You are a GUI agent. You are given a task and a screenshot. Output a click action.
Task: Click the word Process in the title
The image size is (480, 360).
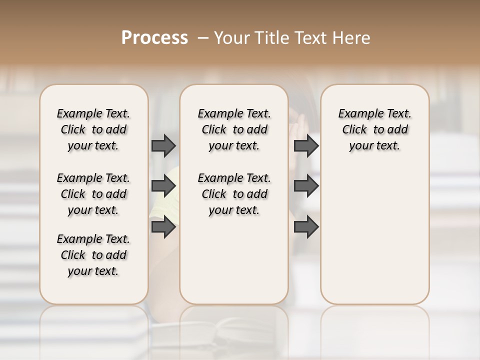click(154, 37)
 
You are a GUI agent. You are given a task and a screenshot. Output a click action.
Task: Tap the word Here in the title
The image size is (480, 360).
click(352, 38)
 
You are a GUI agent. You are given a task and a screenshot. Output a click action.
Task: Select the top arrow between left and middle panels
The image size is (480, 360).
click(163, 145)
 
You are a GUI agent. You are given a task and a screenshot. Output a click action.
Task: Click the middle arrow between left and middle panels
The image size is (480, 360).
click(163, 186)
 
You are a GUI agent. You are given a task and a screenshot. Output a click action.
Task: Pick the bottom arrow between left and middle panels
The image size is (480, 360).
click(163, 227)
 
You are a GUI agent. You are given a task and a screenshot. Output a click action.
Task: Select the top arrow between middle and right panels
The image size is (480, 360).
click(306, 145)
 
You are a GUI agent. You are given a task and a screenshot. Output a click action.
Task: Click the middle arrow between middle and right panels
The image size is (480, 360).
click(306, 186)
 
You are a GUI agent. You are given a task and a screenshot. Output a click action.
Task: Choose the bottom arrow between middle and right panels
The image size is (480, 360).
click(306, 227)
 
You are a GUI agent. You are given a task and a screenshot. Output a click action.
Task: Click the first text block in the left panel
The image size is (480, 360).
click(93, 129)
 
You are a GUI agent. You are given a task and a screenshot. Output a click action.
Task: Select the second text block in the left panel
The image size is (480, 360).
click(93, 194)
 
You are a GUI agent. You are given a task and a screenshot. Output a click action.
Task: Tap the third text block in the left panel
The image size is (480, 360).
click(93, 255)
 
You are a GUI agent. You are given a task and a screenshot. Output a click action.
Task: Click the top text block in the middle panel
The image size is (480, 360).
click(234, 129)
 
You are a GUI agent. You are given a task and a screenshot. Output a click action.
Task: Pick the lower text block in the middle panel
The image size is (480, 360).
click(234, 194)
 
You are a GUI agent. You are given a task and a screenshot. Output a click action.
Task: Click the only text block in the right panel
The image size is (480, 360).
click(375, 129)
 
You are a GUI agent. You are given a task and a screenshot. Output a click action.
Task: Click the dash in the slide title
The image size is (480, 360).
click(203, 38)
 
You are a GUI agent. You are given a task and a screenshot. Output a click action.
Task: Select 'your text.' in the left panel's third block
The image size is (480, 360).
click(93, 271)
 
